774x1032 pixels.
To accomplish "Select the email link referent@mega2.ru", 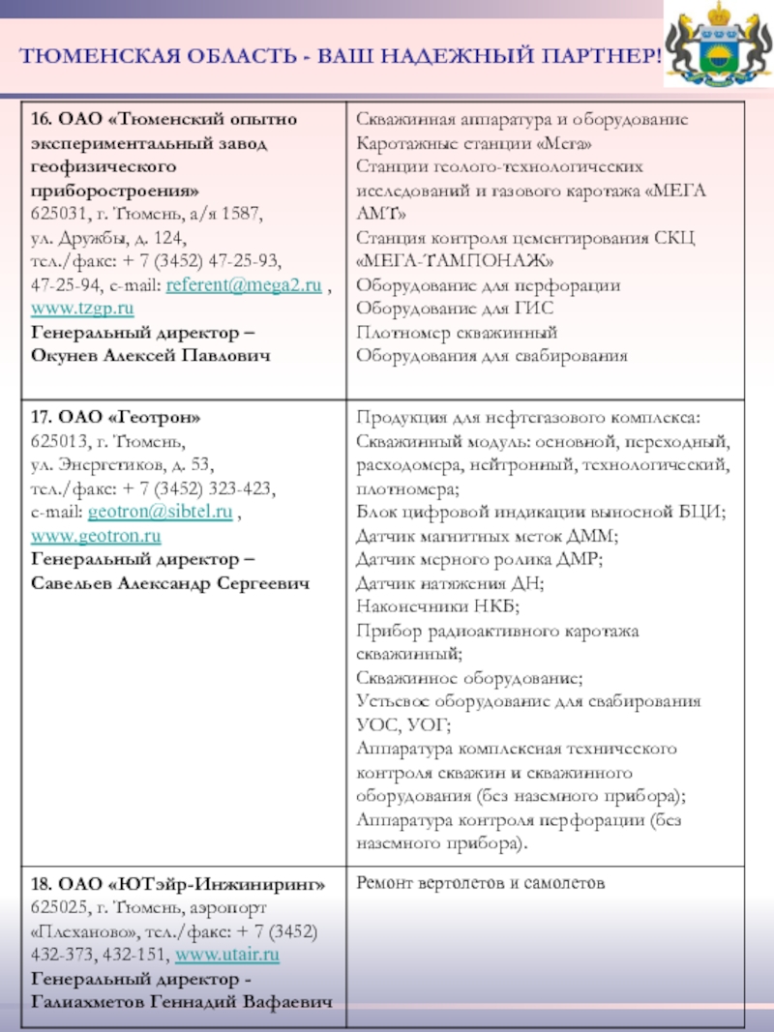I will point(244,285).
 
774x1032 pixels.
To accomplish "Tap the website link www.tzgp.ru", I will point(82,309).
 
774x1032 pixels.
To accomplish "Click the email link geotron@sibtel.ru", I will point(160,512).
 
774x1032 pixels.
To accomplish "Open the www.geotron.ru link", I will point(96,535).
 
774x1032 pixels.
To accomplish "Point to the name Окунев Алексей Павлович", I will point(151,355).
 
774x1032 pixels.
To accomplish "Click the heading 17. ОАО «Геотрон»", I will point(116,418).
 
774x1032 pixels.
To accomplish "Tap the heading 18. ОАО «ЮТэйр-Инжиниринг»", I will point(178,885).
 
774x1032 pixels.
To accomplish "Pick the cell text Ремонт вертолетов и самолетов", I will point(480,883).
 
